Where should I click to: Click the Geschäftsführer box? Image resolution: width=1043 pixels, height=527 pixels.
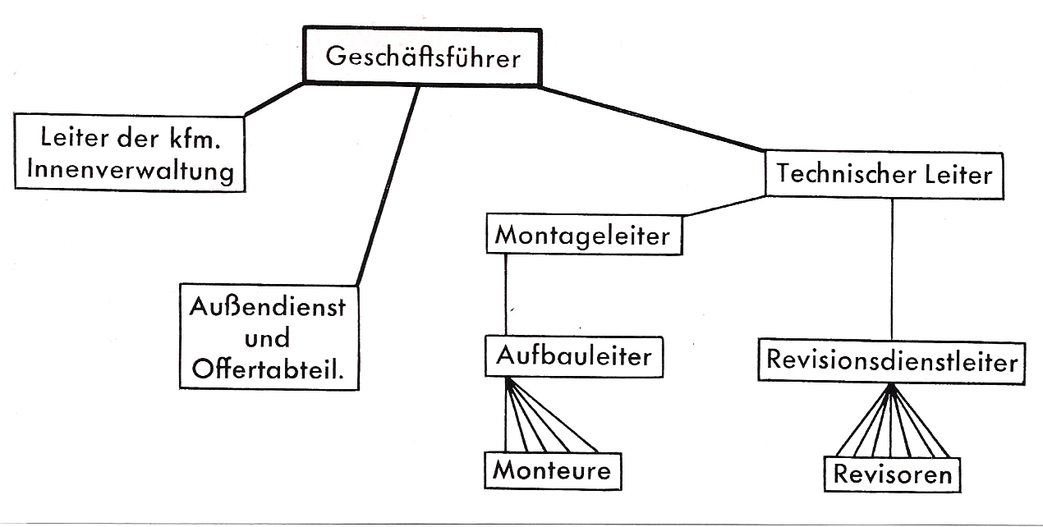[x=422, y=57]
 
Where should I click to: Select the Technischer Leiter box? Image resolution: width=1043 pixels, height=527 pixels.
[x=884, y=174]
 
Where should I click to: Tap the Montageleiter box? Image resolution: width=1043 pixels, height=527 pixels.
[x=583, y=236]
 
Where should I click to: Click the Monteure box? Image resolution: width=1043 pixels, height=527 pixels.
[x=552, y=470]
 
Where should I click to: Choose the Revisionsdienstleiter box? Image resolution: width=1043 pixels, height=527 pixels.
[x=892, y=361]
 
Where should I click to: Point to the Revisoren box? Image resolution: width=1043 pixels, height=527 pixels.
[x=893, y=474]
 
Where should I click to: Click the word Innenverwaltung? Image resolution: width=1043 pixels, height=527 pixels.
[x=131, y=172]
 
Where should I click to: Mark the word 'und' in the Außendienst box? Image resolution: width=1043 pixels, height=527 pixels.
[x=268, y=338]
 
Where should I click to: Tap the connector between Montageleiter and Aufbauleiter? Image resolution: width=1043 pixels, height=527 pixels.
[x=505, y=296]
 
